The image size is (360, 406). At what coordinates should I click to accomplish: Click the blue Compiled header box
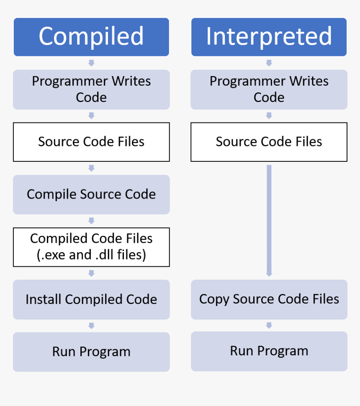tap(91, 37)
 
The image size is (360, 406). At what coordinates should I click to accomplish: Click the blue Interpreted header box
tap(269, 37)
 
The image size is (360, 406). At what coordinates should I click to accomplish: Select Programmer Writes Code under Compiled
tap(91, 89)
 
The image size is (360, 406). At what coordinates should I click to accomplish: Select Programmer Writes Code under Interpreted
tap(269, 89)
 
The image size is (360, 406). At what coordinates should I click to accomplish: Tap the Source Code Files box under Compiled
tap(91, 142)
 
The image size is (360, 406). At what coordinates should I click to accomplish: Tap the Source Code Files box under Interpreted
tap(269, 142)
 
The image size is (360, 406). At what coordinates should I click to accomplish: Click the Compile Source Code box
tap(91, 194)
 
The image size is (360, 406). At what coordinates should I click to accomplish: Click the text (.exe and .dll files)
tap(91, 255)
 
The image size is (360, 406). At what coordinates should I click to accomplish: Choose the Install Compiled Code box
tap(91, 299)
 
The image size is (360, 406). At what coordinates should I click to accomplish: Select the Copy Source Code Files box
tap(269, 299)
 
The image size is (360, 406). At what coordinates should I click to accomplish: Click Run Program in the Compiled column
tap(91, 352)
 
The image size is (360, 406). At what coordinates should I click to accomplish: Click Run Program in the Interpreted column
tap(269, 351)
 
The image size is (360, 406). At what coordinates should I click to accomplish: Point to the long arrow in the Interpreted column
tap(269, 220)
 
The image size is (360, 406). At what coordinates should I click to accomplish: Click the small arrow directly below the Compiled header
tap(91, 63)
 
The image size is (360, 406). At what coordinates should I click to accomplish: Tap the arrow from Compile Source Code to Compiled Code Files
tap(91, 221)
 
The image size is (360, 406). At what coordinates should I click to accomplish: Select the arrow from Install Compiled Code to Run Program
tap(91, 326)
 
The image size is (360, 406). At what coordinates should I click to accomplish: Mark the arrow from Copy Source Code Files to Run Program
tap(269, 325)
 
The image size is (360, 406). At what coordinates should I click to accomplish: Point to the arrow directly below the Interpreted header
tap(269, 63)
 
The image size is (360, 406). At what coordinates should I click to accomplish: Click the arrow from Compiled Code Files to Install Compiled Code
tap(91, 273)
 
